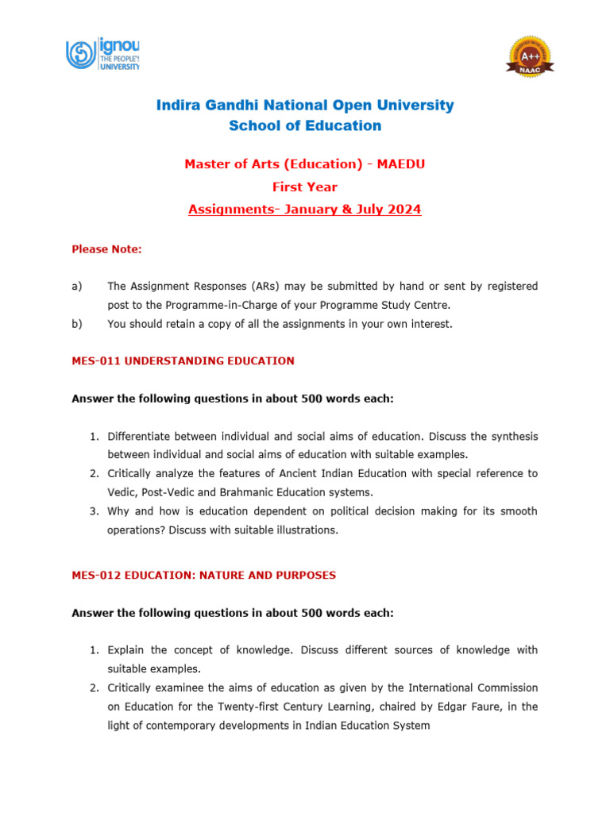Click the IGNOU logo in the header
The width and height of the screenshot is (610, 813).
(x=102, y=54)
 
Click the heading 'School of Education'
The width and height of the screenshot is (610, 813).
(x=305, y=125)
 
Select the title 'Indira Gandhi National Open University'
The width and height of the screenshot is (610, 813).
(x=305, y=105)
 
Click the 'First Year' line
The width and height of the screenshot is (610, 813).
(x=305, y=187)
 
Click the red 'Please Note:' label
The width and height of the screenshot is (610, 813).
(x=107, y=249)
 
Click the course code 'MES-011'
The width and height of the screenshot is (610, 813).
(x=94, y=361)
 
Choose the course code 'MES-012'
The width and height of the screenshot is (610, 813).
(x=94, y=576)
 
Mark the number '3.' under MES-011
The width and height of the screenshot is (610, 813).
(x=94, y=511)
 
